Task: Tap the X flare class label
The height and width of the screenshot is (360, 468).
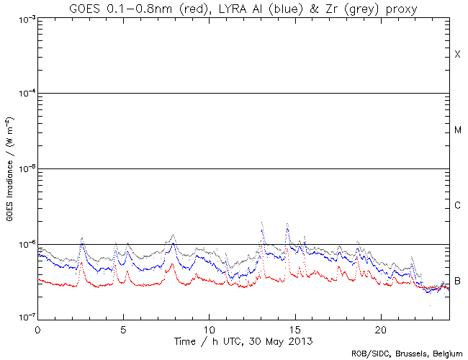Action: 457,55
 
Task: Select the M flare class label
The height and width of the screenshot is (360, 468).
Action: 457,130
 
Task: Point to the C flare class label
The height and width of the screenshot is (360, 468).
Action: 457,206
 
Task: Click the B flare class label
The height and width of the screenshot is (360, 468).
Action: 457,281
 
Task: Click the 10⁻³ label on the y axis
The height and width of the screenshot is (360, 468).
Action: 24,18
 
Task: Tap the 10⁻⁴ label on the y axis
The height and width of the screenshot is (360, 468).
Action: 24,94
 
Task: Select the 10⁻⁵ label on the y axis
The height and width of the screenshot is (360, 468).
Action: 24,169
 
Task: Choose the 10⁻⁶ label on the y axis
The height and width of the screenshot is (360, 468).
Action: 24,244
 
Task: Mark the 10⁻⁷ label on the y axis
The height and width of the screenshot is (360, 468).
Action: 24,318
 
